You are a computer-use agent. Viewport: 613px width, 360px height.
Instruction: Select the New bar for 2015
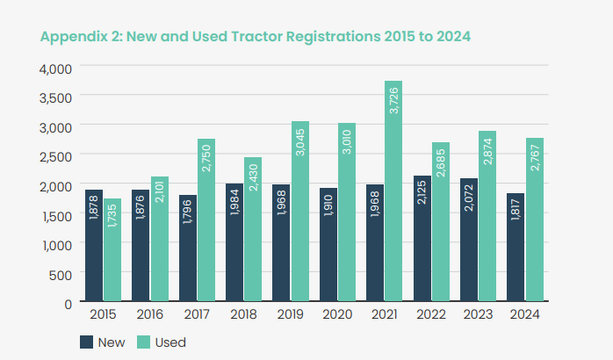(x=95, y=246)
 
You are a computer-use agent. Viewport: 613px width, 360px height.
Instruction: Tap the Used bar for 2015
(x=112, y=250)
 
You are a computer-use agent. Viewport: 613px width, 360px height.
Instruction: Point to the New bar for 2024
(x=516, y=248)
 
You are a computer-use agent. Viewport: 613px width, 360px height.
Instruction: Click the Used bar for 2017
(x=206, y=220)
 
